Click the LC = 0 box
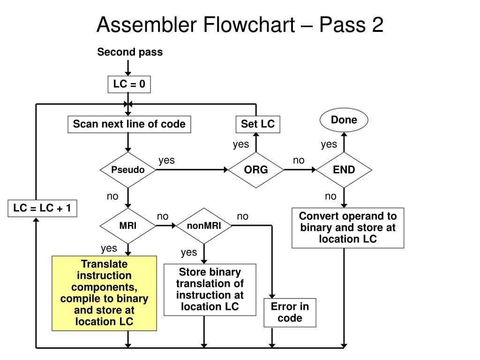(129, 84)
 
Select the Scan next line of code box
(129, 124)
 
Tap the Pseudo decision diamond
(128, 170)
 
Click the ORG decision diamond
(256, 170)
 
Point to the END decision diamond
(344, 170)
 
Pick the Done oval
(344, 120)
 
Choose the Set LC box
(258, 124)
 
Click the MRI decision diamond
(128, 226)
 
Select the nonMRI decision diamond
(204, 226)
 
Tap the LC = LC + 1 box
(42, 209)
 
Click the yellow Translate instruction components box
(105, 293)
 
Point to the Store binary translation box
(210, 290)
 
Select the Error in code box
(290, 313)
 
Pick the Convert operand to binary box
(348, 228)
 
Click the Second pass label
(130, 52)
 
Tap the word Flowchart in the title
(249, 25)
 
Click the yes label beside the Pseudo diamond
(166, 160)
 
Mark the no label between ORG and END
(299, 160)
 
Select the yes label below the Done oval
(329, 144)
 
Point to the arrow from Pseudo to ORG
(192, 170)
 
